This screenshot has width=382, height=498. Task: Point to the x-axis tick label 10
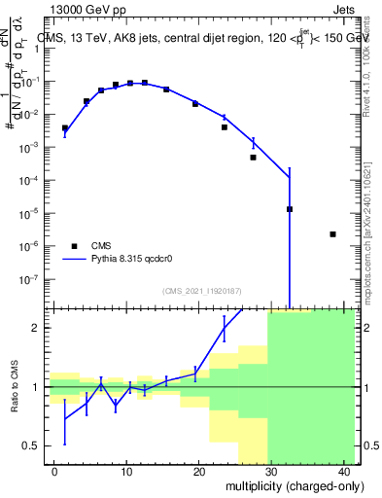126,472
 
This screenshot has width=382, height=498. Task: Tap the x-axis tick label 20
198,472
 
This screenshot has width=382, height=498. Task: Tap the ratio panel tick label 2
44,328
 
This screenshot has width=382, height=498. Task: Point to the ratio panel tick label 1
44,387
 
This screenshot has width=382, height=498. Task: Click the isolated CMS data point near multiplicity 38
332,234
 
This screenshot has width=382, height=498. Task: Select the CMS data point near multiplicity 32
290,209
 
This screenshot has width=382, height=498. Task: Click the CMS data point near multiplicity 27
253,158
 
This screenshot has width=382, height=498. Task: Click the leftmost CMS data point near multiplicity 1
65,127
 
